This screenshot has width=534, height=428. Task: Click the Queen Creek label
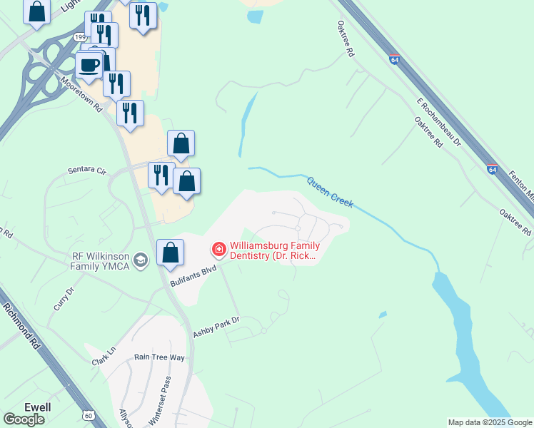coord(330,191)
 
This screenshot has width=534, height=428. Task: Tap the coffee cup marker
coord(89,66)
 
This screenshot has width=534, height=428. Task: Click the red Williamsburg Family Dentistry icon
coord(218,250)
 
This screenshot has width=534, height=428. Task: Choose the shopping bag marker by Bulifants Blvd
coord(170,253)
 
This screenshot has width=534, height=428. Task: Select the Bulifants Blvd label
coord(193,277)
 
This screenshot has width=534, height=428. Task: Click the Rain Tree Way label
coord(159,357)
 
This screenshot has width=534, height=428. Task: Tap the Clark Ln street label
coord(104,357)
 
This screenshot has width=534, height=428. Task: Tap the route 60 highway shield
coord(89,415)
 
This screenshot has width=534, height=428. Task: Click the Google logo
coord(24,419)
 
